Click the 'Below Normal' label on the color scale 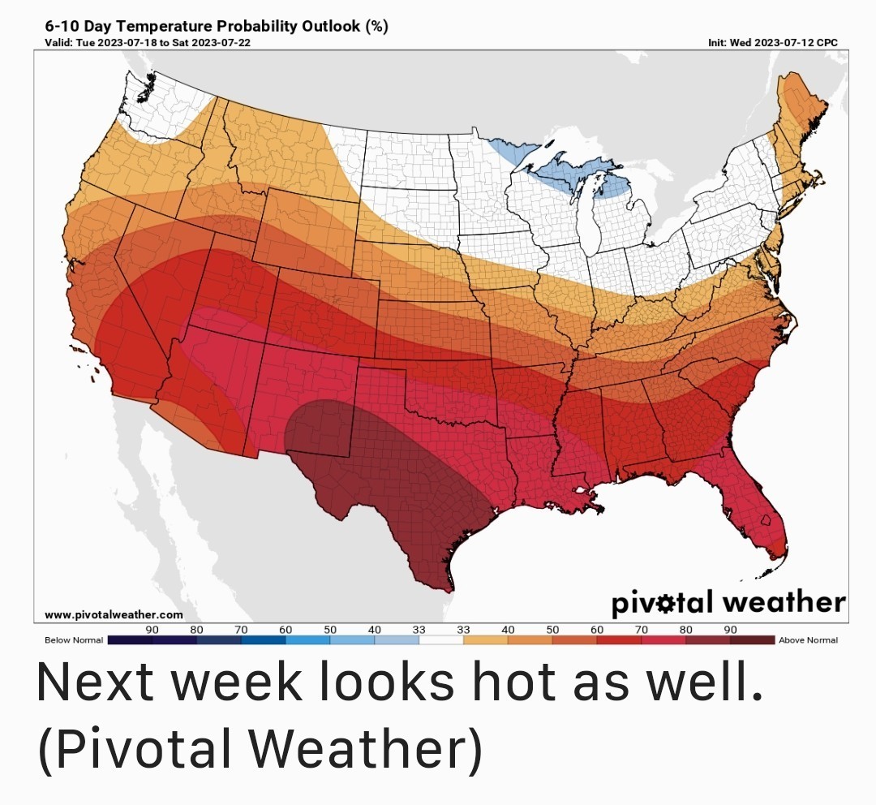[x=74, y=640]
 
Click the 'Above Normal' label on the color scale [x=808, y=640]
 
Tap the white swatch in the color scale [x=441, y=640]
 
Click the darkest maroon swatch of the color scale [x=752, y=640]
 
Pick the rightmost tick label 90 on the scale [x=730, y=630]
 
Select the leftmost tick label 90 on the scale [x=152, y=630]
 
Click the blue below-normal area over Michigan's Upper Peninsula [x=568, y=172]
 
